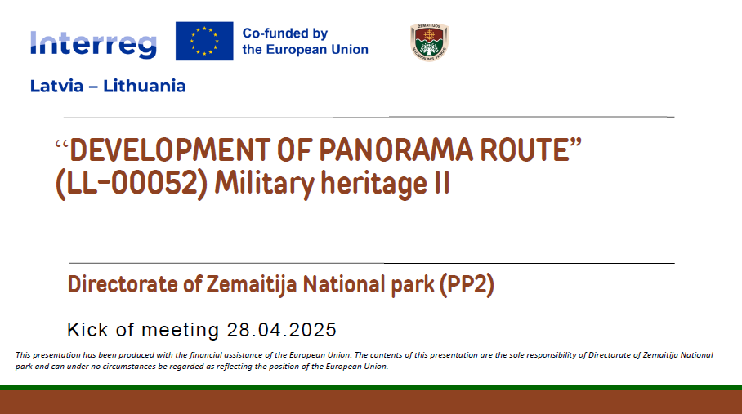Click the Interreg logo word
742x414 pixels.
pyautogui.click(x=93, y=44)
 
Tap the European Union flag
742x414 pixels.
pyautogui.click(x=204, y=41)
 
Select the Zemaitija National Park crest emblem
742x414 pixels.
pyautogui.click(x=429, y=42)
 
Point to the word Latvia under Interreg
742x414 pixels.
pyautogui.click(x=56, y=86)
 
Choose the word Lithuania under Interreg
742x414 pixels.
pyautogui.click(x=145, y=86)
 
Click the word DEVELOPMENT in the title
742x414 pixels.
pyautogui.click(x=170, y=149)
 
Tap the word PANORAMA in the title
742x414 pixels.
pyautogui.click(x=396, y=149)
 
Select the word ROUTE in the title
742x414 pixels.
pyautogui.click(x=525, y=149)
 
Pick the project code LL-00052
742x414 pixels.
pyautogui.click(x=132, y=184)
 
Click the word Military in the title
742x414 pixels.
pyautogui.click(x=265, y=185)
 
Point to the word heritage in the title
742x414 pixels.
pyautogui.click(x=373, y=185)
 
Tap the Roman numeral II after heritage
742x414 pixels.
pyautogui.click(x=442, y=184)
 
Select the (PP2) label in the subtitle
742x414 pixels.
pyautogui.click(x=467, y=285)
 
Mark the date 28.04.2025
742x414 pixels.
pyautogui.click(x=282, y=330)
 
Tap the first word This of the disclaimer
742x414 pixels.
pyautogui.click(x=23, y=355)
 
